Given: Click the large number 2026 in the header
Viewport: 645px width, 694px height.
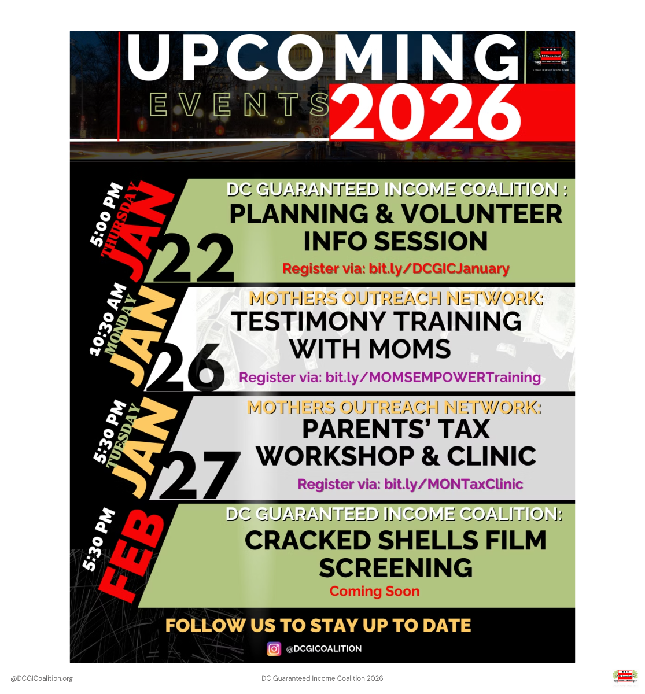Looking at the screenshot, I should coord(425,113).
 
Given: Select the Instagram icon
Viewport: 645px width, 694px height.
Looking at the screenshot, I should coord(274,649).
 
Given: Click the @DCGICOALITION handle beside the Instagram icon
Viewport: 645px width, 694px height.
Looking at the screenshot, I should coord(324,649).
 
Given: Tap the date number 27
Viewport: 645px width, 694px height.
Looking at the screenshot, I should coord(200,474).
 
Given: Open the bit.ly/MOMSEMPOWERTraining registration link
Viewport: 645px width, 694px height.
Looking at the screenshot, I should coord(433,378).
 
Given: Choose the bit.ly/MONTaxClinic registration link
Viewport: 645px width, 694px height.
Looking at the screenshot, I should coord(454,484).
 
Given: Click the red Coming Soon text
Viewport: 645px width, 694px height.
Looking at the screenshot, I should coord(374,591).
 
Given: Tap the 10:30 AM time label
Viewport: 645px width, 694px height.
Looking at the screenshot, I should coord(108,319).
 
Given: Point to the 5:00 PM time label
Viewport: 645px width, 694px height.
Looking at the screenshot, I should coord(106,214).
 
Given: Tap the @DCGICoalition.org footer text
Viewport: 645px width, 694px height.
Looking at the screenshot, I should coord(42,678).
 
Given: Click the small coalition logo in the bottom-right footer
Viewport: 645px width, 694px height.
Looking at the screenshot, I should coord(625,678).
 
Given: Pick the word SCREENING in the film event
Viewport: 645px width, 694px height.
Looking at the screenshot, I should coord(396,568).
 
